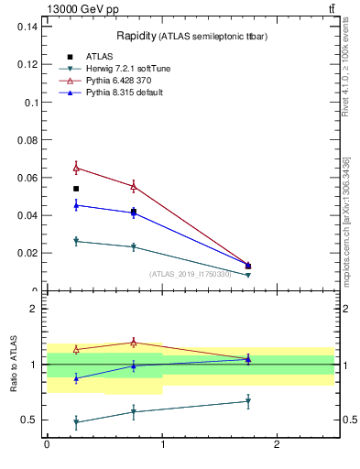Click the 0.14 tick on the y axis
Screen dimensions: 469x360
pyautogui.click(x=28, y=27)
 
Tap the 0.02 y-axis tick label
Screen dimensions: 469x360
pyautogui.click(x=28, y=253)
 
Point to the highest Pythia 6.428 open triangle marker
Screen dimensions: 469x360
pyautogui.click(x=76, y=168)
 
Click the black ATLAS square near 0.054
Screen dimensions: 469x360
pyautogui.click(x=76, y=189)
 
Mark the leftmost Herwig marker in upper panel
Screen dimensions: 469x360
pyautogui.click(x=76, y=241)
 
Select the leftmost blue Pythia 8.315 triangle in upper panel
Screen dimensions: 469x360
pyautogui.click(x=76, y=205)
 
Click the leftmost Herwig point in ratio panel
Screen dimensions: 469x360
pyautogui.click(x=76, y=422)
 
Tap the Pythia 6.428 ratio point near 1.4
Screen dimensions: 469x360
pyautogui.click(x=134, y=343)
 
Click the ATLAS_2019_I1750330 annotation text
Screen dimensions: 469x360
pyautogui.click(x=190, y=274)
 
